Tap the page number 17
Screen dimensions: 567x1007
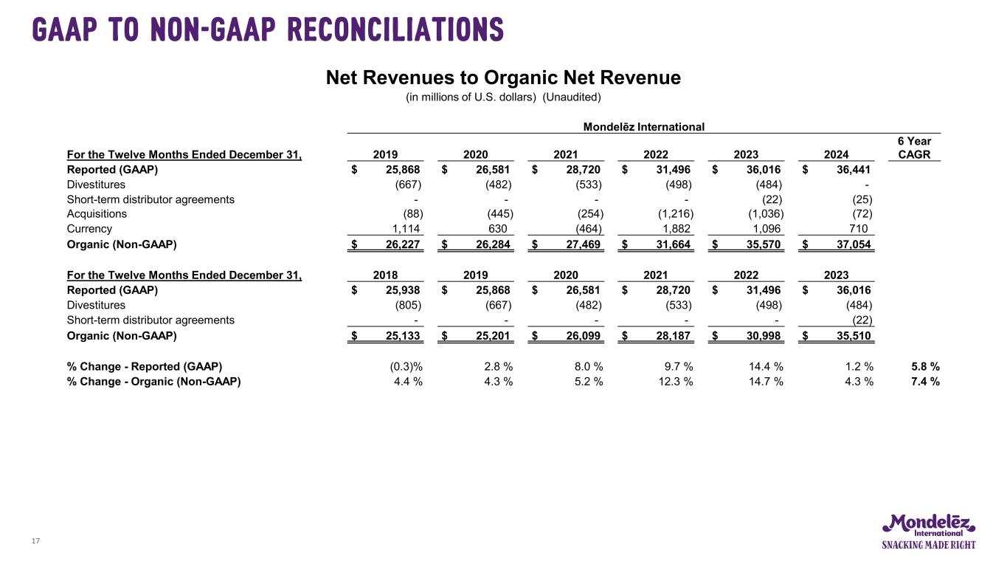(35, 542)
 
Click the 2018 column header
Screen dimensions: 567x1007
(385, 275)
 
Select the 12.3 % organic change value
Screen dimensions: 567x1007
(674, 382)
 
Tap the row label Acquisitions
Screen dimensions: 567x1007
(97, 214)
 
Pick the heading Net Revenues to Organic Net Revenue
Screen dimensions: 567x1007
(503, 78)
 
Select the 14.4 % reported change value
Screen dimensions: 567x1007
(764, 366)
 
